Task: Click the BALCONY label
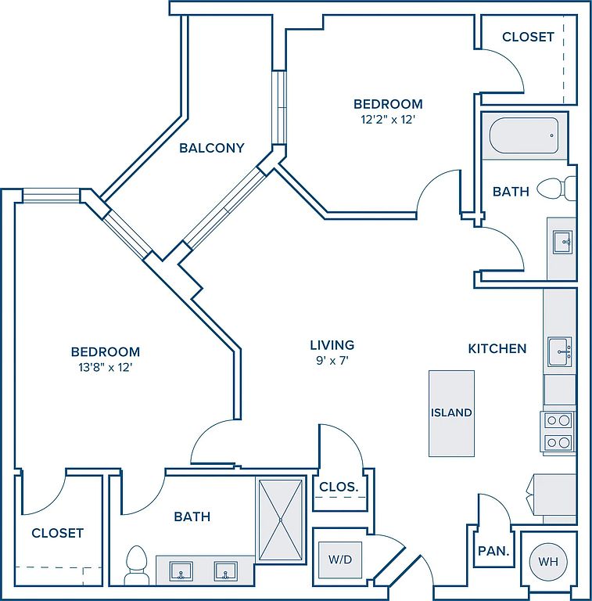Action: point(212,148)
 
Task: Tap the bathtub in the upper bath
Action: point(524,135)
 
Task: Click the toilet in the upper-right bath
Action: point(556,188)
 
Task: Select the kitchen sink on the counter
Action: point(559,351)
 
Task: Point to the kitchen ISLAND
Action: point(451,413)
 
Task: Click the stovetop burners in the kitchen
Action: point(558,432)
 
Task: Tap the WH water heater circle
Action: point(548,562)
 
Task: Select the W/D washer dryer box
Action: point(340,560)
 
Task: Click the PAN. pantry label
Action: point(493,551)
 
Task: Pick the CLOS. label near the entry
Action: point(339,487)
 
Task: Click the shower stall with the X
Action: point(280,520)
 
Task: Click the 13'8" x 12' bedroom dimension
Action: point(106,368)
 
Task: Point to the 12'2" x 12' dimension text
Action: point(388,120)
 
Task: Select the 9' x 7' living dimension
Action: point(332,360)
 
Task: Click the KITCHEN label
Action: point(497,348)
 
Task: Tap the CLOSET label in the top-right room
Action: point(528,37)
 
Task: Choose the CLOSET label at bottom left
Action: point(57,533)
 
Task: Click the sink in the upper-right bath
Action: point(562,242)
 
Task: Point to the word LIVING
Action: point(332,345)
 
